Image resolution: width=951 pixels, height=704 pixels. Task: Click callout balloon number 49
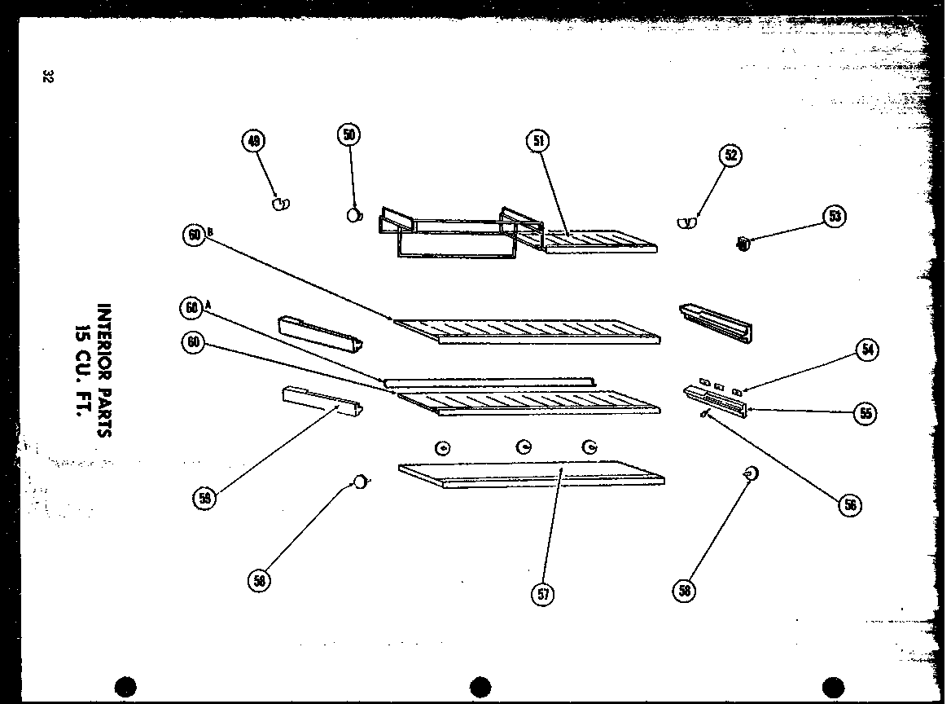point(253,142)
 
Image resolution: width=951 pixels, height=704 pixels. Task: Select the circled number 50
point(349,135)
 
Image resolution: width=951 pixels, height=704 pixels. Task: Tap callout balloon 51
point(537,141)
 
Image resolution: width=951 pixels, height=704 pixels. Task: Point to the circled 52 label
point(731,156)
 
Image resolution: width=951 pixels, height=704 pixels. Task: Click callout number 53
point(835,217)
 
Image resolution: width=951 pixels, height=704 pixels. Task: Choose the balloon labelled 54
point(867,350)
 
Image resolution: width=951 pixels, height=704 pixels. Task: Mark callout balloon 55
point(866,413)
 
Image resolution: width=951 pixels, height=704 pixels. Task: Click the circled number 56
point(851,505)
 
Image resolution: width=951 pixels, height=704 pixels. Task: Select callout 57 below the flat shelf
point(543,593)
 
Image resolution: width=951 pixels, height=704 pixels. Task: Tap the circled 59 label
point(204,499)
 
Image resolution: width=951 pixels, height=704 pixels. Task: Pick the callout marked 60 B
point(194,235)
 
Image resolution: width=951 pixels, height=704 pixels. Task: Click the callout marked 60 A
point(192,308)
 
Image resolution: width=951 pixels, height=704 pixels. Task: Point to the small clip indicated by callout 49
point(281,203)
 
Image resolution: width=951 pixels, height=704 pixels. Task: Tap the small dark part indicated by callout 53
point(742,241)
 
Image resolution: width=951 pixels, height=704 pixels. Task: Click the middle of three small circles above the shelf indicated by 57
point(524,447)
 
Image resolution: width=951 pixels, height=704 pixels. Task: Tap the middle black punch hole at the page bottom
point(480,687)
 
